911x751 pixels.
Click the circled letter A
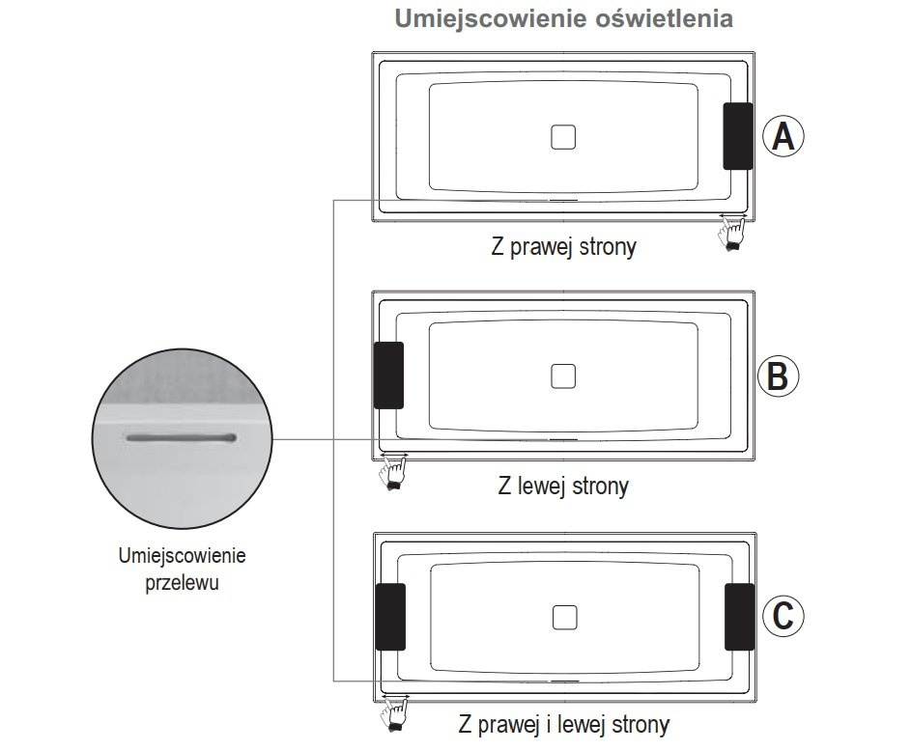(x=783, y=136)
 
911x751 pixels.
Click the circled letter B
(x=778, y=375)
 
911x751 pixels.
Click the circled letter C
(x=783, y=616)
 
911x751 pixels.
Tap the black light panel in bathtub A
(x=738, y=136)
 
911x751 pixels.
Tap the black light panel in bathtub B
(x=388, y=375)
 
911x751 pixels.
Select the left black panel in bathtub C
(x=390, y=617)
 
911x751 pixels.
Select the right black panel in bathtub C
(x=740, y=617)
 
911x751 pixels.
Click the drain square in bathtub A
(x=563, y=137)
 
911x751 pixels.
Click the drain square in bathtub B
(x=563, y=376)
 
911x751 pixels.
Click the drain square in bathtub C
(x=564, y=618)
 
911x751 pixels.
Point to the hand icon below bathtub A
(x=732, y=234)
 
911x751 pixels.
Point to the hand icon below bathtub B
(x=393, y=472)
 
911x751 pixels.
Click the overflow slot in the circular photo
(x=182, y=437)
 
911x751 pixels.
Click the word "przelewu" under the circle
(x=182, y=583)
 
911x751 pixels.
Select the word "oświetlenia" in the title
(x=665, y=18)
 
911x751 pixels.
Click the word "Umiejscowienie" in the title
(x=491, y=19)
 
